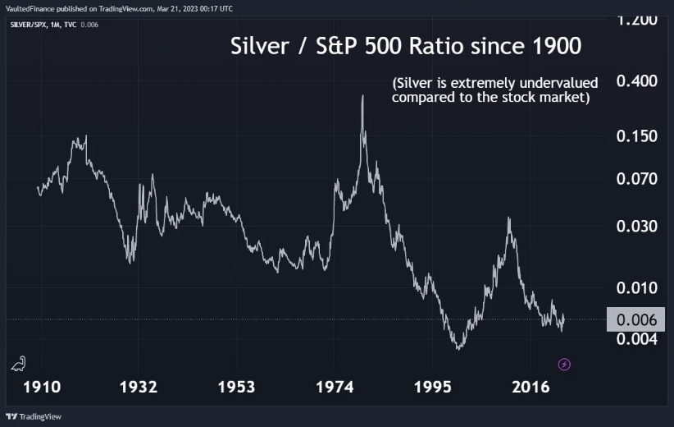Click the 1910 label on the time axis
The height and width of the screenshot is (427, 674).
(43, 388)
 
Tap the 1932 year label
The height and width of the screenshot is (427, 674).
(138, 388)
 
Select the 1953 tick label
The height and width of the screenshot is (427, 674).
(235, 388)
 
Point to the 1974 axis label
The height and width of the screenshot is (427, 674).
(334, 388)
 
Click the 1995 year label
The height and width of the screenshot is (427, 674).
(432, 388)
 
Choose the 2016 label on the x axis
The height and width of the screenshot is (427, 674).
(531, 388)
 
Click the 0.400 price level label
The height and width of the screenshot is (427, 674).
(636, 82)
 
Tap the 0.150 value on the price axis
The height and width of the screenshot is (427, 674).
(636, 136)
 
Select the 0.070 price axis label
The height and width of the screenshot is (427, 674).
(636, 179)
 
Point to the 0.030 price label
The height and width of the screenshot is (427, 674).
(636, 227)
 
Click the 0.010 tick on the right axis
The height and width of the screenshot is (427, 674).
(636, 288)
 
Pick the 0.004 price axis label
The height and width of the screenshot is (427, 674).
(636, 338)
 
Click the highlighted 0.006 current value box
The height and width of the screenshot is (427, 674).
(635, 319)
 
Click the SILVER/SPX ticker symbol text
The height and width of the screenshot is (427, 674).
(31, 25)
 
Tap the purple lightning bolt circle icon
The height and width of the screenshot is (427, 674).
(564, 364)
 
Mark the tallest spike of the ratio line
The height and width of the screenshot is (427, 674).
(362, 97)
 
